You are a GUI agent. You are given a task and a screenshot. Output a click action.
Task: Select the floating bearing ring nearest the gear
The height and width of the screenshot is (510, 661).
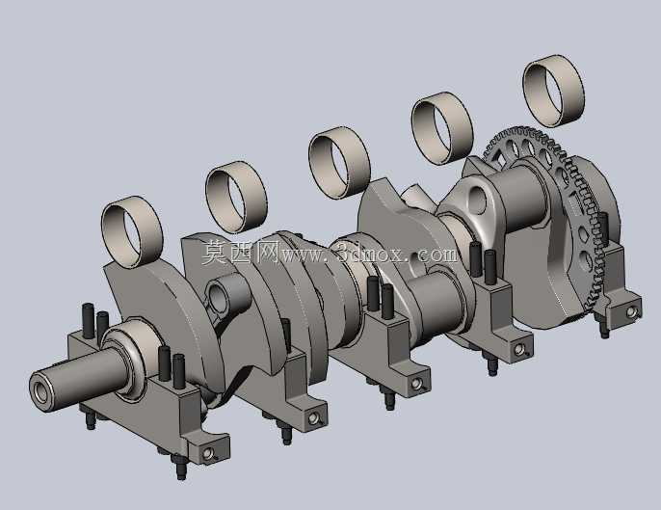[553, 91]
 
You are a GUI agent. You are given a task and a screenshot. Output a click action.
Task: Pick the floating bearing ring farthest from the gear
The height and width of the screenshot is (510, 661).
[132, 232]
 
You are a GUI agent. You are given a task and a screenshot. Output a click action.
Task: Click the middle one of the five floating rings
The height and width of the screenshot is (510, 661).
[339, 162]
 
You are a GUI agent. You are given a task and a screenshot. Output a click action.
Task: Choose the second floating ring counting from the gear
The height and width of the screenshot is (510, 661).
[442, 128]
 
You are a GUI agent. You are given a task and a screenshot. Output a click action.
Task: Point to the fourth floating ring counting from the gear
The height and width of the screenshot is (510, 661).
[236, 197]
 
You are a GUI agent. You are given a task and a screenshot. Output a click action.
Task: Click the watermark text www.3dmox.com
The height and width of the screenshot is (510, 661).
[369, 255]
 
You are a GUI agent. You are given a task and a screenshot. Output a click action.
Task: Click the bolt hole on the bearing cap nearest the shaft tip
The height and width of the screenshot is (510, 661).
[207, 453]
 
